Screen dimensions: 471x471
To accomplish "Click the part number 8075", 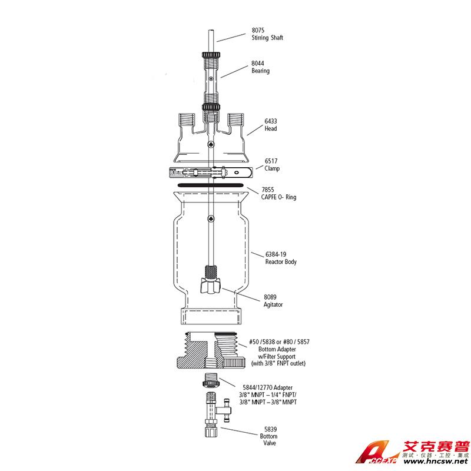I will (x=259, y=31).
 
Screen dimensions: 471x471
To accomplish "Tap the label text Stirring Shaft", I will (x=267, y=38).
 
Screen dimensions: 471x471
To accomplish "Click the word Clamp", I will (x=272, y=169).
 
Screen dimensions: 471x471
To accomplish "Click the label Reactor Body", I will (x=277, y=262).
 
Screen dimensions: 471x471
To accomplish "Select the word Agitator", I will (x=273, y=305).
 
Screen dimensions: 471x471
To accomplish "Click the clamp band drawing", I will (x=210, y=173).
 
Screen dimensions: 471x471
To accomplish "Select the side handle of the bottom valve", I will (x=227, y=410).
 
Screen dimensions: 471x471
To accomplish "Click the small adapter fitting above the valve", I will (x=211, y=381).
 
